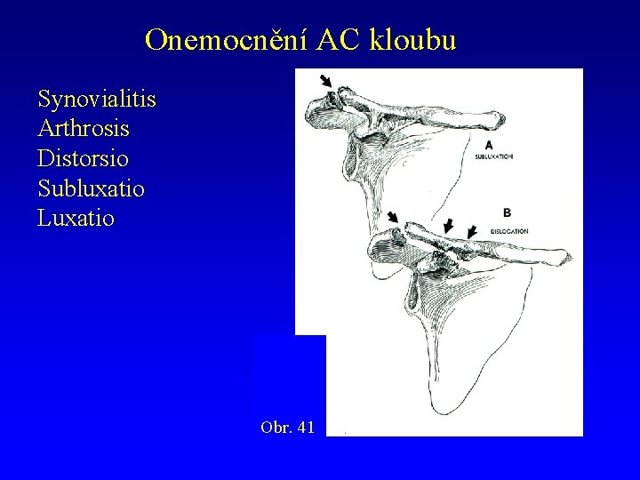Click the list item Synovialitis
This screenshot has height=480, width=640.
pos(97,99)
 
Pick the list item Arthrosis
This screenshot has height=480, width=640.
pos(84,129)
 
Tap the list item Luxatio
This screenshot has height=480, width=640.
pos(76,218)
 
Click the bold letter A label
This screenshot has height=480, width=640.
pos(488,144)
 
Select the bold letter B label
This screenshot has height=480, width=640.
pos(507,213)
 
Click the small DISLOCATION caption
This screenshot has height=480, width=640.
pos(509,230)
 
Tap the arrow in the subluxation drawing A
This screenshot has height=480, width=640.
pos(327,81)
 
